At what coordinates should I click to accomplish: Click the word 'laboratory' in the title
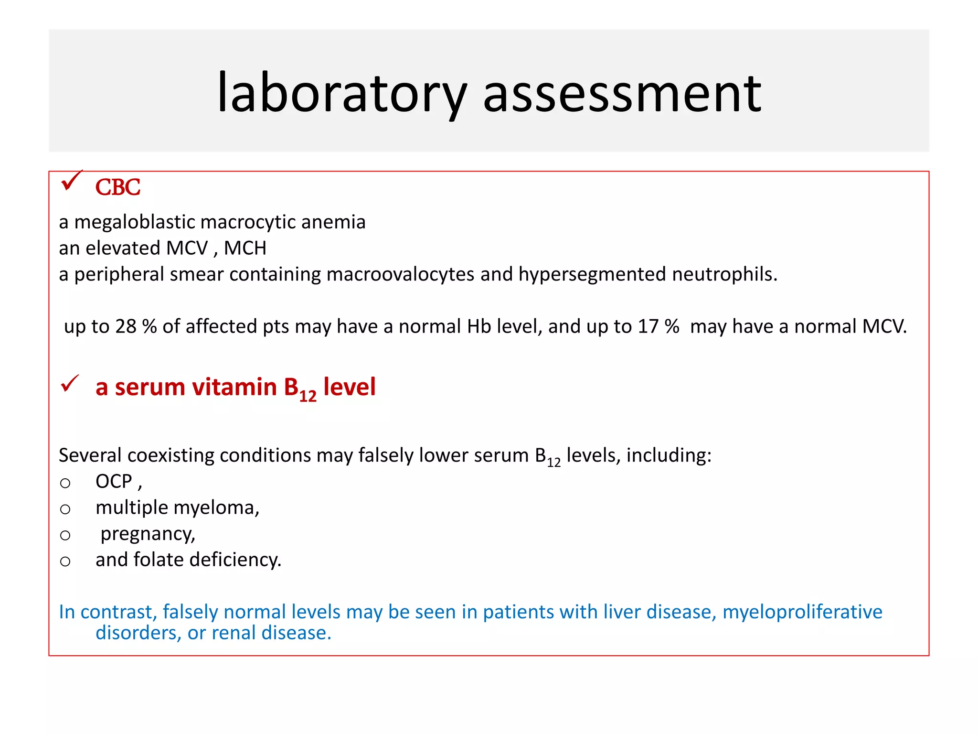[x=342, y=93]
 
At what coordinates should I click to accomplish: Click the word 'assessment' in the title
[x=622, y=93]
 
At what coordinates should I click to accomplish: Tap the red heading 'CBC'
[x=117, y=187]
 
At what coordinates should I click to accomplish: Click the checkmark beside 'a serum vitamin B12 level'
[x=70, y=384]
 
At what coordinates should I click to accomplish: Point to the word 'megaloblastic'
[x=135, y=222]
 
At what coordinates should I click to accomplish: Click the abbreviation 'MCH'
[x=245, y=248]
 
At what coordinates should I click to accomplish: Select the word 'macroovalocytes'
[x=401, y=274]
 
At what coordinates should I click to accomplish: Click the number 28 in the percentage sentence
[x=126, y=326]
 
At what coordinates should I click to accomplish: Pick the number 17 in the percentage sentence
[x=648, y=326]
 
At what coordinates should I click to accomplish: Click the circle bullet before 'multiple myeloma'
[x=65, y=509]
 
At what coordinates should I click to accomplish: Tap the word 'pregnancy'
[x=148, y=534]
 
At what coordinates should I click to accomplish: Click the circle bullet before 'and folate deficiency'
[x=65, y=561]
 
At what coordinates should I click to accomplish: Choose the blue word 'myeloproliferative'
[x=802, y=612]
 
